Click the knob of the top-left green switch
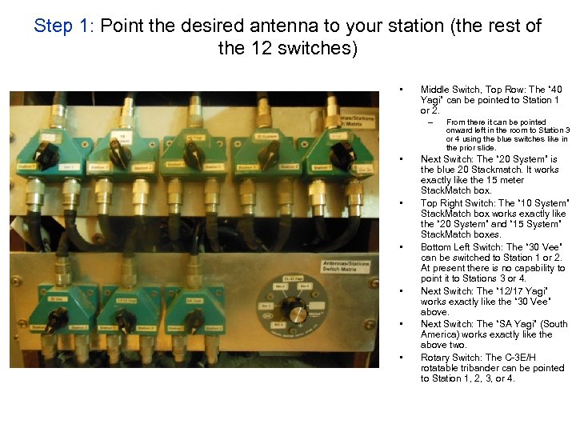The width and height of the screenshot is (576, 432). click(x=46, y=155)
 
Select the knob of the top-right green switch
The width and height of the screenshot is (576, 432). click(x=340, y=154)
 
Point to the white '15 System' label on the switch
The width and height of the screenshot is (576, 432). click(x=123, y=138)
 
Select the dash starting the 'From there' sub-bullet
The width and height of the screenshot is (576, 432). click(x=430, y=122)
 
